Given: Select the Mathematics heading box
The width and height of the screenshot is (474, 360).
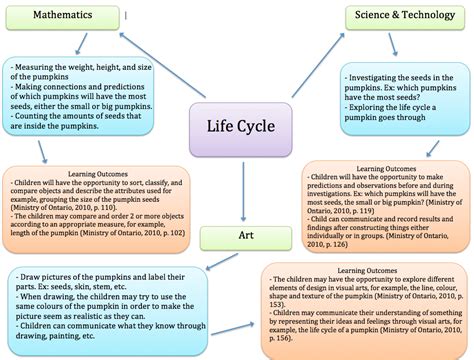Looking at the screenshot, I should pos(63,17).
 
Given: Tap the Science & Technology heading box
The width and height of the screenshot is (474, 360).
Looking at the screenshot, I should pos(407,17).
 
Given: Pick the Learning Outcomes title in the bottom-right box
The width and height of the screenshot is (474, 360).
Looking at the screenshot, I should pos(360,272).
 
